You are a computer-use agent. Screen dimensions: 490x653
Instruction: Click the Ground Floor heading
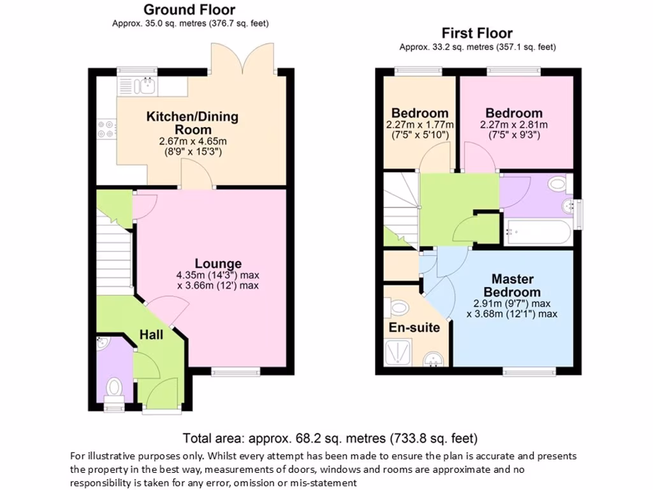[x=189, y=10]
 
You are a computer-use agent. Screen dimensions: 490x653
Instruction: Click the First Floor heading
[x=477, y=33]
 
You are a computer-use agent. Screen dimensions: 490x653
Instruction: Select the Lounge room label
[x=218, y=264]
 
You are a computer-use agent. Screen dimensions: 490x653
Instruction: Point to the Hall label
[x=152, y=335]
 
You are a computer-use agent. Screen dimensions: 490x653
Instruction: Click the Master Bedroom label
[x=512, y=285]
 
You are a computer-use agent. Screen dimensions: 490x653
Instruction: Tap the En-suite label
[x=414, y=328]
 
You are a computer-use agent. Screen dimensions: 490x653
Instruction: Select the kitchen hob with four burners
[x=106, y=129]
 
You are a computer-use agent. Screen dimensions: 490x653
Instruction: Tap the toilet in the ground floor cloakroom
[x=115, y=387]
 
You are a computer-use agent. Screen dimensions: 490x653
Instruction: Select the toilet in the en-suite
[x=399, y=308]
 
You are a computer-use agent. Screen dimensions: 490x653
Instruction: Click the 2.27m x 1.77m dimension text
[x=420, y=124]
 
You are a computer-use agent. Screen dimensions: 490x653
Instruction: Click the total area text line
[x=330, y=438]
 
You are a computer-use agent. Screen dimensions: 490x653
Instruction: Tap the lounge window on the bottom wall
[x=235, y=371]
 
